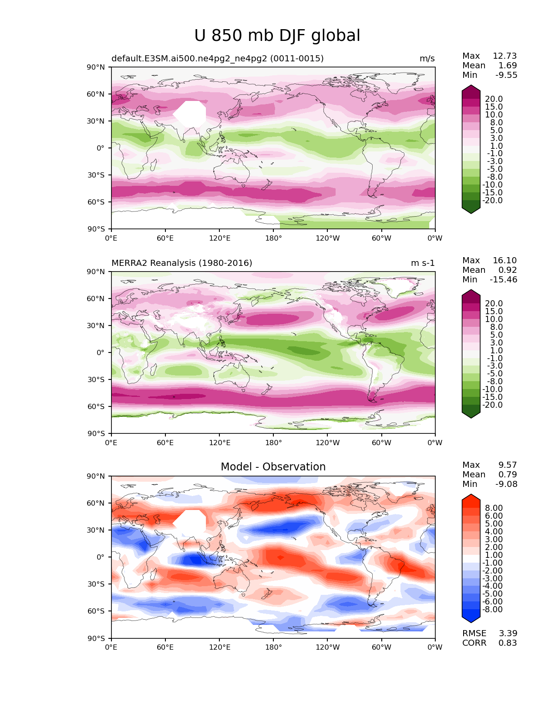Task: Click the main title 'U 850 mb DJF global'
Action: pos(277,36)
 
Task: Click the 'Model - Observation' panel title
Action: pos(273,466)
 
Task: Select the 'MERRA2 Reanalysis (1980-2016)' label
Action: pos(182,263)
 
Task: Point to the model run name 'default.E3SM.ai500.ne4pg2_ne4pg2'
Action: pos(189,59)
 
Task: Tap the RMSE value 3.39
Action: pos(508,634)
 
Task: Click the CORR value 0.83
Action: pos(508,643)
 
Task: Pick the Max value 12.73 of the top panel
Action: pos(505,56)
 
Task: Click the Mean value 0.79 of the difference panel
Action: pos(508,474)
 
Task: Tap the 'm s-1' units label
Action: pos(423,263)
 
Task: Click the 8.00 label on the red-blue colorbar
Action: pos(494,508)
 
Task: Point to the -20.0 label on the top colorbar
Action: pos(492,201)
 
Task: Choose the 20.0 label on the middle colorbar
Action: pos(494,303)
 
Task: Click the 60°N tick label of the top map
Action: pos(95,94)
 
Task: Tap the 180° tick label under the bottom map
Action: pos(273,648)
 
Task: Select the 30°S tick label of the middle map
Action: pos(96,379)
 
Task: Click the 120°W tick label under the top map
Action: pos(328,238)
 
